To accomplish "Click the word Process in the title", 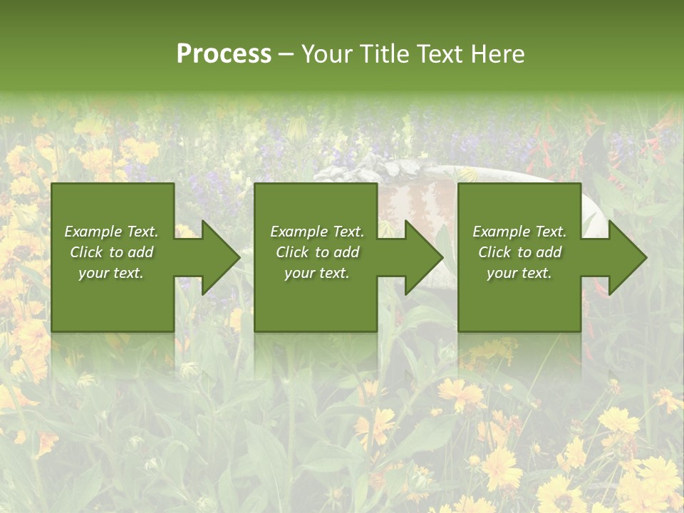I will pos(224,54).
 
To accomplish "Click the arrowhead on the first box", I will pos(221,257).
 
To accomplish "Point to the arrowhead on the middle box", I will pos(424,257).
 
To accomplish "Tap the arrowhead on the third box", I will pos(627,257).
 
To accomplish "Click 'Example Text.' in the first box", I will pos(111,232).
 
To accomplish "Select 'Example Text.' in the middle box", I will pos(317,232).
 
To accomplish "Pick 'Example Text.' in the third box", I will pos(519,232).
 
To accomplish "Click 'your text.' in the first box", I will pos(111,273).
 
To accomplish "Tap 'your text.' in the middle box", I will pos(317,273).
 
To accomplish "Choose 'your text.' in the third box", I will pos(519,273).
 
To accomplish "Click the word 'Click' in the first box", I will pos(87,252).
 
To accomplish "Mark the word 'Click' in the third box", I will pos(495,252).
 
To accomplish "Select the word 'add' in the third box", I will pos(548,252).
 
